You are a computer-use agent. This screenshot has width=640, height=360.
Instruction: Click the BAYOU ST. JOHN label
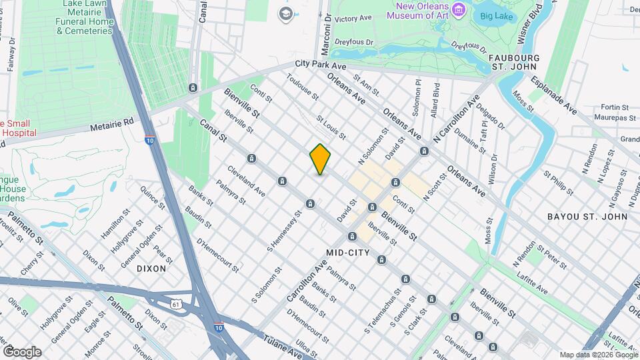pos(587,217)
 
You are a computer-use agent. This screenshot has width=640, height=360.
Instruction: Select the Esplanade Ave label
pos(553,95)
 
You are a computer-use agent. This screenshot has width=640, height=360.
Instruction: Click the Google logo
pos(22,352)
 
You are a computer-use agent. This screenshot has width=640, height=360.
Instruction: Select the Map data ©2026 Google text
pos(598,355)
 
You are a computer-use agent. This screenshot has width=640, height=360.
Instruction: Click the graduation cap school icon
pos(286,14)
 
